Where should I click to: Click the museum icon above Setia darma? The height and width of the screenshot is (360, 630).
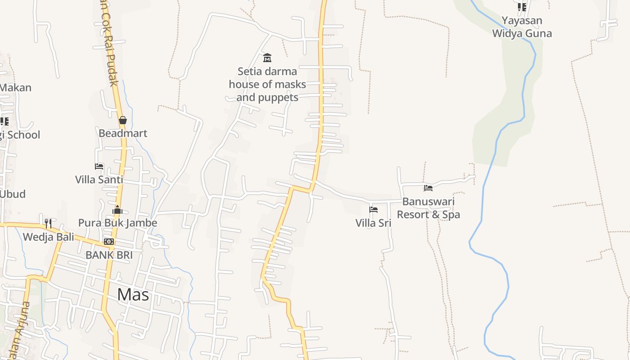coord(267,58)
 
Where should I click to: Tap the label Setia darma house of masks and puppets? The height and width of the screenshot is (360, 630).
coord(267,84)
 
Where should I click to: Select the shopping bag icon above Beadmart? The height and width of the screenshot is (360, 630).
coord(122,120)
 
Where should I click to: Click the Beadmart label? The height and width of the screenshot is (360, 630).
coord(123,133)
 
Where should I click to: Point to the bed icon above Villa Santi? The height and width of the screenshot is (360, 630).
coord(99,166)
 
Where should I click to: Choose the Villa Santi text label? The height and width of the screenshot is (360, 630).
coord(99,180)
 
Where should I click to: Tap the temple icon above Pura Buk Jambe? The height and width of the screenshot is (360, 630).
coord(117,210)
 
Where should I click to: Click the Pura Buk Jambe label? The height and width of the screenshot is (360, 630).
coord(118,223)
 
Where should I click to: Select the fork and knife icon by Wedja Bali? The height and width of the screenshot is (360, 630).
coord(48,223)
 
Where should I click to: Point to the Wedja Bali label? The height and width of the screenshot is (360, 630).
coord(49,237)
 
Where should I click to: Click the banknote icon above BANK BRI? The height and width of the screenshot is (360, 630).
coord(109,242)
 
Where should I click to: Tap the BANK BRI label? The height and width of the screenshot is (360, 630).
coord(109,255)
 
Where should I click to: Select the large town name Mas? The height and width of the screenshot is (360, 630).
coord(133,295)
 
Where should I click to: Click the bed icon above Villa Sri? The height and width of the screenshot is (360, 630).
coord(373,210)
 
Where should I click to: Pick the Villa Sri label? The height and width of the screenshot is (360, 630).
coord(373,223)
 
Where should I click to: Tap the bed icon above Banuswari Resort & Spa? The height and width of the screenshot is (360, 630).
coord(428,188)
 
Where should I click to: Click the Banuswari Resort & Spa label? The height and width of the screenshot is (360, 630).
coord(428,208)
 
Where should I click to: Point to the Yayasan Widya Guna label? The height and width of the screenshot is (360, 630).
coord(522,27)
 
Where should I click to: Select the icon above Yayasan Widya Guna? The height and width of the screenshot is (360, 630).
coord(522,7)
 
